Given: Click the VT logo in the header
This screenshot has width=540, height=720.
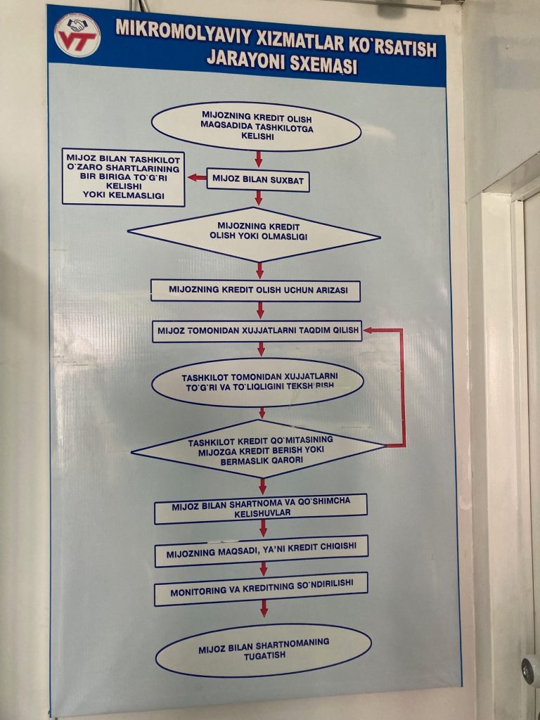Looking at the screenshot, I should coord(77,34).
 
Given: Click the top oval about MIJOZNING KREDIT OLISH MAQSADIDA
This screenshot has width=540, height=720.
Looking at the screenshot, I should coord(256,127).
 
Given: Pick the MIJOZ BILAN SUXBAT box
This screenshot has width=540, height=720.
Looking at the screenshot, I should coord(259,179).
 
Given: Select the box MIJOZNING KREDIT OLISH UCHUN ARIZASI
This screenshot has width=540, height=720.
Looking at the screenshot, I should coord(255,290).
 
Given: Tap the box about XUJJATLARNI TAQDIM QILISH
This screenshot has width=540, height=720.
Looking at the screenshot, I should coord(257,330).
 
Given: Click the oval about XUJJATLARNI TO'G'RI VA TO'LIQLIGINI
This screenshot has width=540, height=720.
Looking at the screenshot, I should coord(258,382).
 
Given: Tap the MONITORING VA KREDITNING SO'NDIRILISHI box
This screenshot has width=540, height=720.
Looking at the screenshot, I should coord(260,590).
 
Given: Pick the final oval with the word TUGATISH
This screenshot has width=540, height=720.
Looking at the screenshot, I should coord(263,650).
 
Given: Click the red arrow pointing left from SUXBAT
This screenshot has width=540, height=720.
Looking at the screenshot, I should coord(197,177).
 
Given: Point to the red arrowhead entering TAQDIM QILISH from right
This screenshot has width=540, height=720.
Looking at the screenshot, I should coord(368,329).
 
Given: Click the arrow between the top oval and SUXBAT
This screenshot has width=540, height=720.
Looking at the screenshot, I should coord(258,159).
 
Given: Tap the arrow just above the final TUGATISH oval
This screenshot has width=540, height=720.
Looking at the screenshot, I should coord(264,608).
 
